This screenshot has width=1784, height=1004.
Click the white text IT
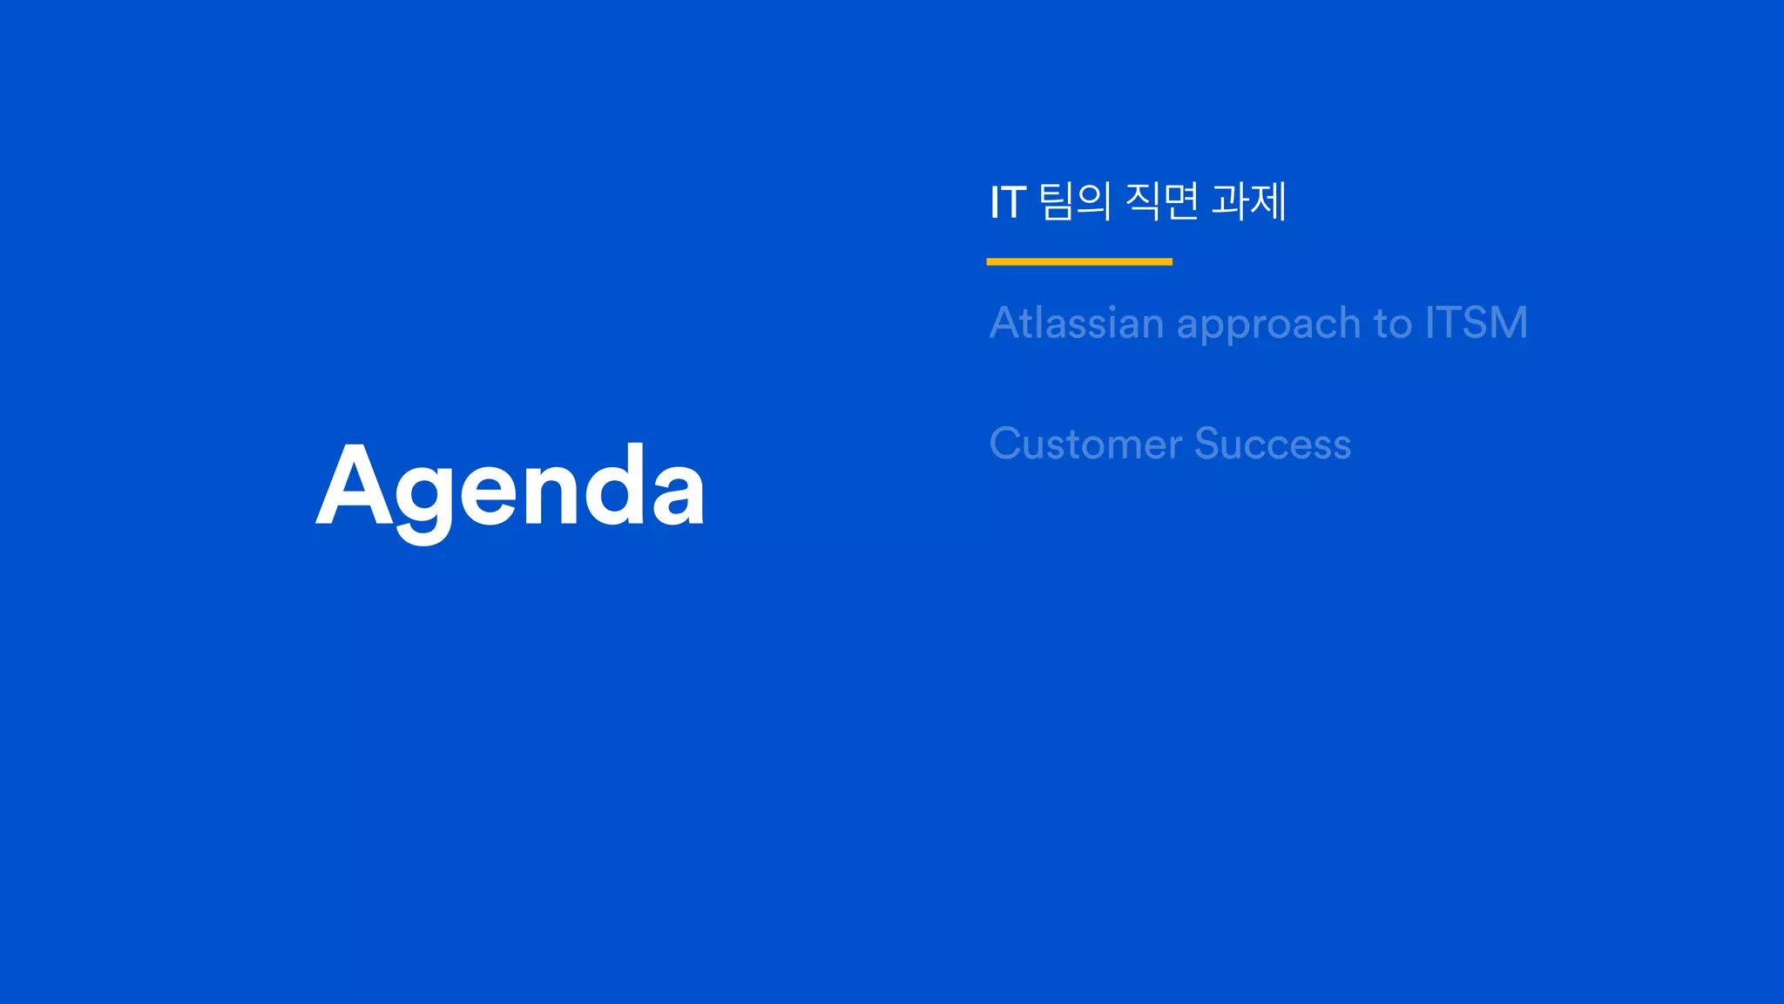[1008, 203]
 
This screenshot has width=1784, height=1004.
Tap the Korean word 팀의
[1075, 201]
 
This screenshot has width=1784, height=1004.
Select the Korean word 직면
[1162, 201]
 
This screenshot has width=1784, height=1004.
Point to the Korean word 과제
[1248, 201]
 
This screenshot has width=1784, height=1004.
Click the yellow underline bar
[1079, 261]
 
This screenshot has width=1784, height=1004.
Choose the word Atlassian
[1077, 323]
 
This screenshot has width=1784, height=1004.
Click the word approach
[1269, 325]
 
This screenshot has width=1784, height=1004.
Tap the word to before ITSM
[1393, 323]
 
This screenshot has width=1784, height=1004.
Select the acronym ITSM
[1477, 323]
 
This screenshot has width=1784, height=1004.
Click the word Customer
[1085, 444]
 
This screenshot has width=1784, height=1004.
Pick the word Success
[1273, 444]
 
